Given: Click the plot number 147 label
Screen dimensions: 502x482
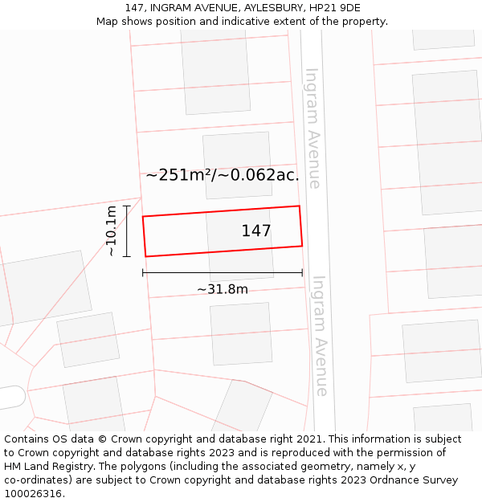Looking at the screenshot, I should (x=256, y=231).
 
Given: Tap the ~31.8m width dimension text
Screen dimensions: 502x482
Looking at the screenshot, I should (x=223, y=289).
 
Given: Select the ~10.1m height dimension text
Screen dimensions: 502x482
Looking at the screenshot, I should (x=111, y=231).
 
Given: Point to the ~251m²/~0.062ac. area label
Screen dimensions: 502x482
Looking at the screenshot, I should (x=223, y=175).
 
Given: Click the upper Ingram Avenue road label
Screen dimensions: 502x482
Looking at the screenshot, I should (x=312, y=129).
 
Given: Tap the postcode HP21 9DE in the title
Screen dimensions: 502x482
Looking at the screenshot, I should (x=333, y=8).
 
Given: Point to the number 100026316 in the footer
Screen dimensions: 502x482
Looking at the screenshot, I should (x=34, y=494).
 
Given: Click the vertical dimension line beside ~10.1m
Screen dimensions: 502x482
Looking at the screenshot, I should (x=127, y=231).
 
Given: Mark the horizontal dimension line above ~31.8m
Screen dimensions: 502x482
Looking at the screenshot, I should (x=223, y=273).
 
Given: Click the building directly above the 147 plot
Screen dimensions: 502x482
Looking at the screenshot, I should (x=237, y=165).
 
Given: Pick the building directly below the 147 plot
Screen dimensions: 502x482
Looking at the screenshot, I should (x=241, y=333).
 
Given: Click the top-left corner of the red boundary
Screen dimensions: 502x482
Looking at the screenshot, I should (x=143, y=217).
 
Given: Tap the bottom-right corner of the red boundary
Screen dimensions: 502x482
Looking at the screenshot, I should (x=302, y=246).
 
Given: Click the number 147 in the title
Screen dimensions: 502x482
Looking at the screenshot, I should (x=134, y=8).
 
